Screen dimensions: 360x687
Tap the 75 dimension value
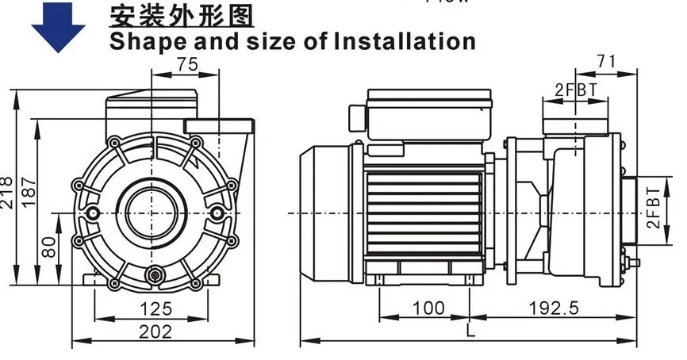pyautogui.click(x=187, y=66)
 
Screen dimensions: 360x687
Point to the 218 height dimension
pyautogui.click(x=7, y=190)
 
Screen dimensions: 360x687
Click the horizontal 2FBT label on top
pyautogui.click(x=575, y=90)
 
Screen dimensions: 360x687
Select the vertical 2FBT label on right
pyautogui.click(x=652, y=208)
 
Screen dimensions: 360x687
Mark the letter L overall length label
pyautogui.click(x=471, y=333)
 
